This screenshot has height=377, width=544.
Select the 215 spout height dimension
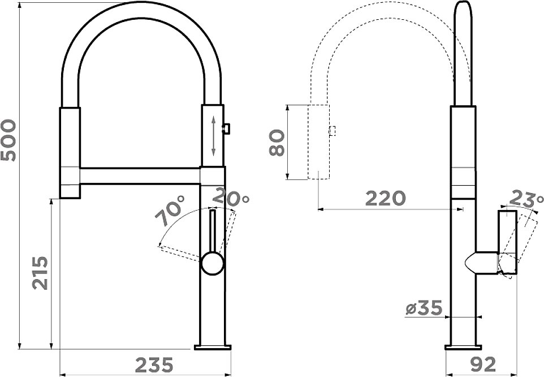[40, 273]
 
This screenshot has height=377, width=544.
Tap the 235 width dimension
[154, 365]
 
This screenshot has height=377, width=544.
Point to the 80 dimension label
[277, 143]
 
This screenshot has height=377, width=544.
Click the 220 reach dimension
[386, 198]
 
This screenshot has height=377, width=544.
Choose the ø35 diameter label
[424, 308]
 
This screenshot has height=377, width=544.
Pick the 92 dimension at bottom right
[483, 365]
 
